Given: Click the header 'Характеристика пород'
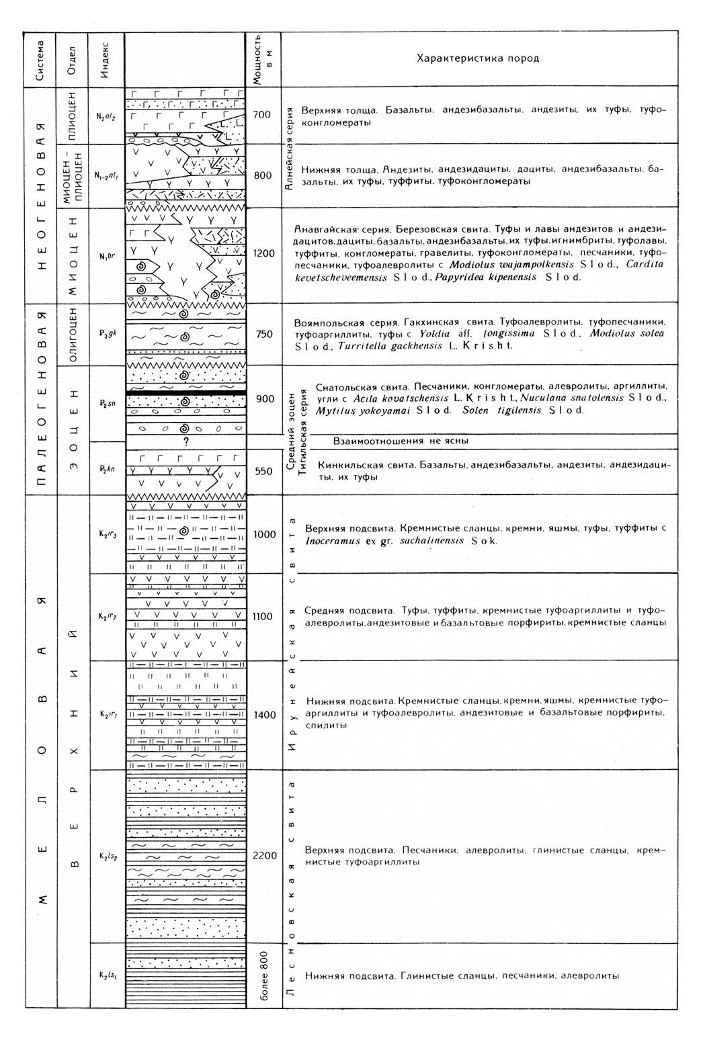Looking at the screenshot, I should [x=478, y=58].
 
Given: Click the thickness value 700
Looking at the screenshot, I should [x=262, y=115].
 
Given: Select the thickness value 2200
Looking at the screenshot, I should [x=265, y=855].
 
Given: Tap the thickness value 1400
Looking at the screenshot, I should [x=265, y=715].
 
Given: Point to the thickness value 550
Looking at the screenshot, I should [x=263, y=471].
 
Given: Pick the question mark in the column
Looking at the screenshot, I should [x=185, y=441].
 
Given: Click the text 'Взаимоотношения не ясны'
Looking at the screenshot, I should [x=401, y=441].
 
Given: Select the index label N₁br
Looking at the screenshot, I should [x=107, y=256].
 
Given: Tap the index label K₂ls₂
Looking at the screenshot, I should [x=108, y=856].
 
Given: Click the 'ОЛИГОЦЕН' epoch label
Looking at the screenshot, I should [x=74, y=334].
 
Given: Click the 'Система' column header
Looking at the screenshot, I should [x=41, y=59].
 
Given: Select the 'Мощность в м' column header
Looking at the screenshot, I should [x=263, y=59].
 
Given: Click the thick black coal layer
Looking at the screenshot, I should [x=185, y=392].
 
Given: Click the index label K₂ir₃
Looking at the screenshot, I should [x=108, y=535].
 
